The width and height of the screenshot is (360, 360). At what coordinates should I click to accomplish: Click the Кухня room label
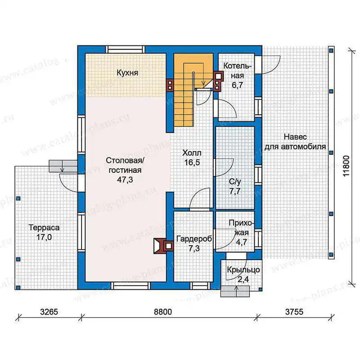point(127,73)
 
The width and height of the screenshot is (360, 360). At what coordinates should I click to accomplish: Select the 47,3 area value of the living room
point(125,180)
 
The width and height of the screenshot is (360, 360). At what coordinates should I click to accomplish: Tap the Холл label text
point(192,153)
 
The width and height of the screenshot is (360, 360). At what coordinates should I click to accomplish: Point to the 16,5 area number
point(192,162)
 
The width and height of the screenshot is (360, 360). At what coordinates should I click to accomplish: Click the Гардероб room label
point(194,239)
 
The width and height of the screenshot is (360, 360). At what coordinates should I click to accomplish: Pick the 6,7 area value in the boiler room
point(237,85)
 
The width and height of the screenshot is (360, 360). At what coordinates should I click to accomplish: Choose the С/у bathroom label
point(235,182)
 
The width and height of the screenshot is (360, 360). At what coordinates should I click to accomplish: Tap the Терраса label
point(44,228)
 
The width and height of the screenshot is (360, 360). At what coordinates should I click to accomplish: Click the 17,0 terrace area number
point(44,237)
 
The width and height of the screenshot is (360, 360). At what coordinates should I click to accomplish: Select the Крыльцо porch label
point(243,270)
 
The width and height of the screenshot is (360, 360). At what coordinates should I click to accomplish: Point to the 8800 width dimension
point(163,312)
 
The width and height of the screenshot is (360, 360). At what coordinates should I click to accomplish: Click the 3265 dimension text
point(49,312)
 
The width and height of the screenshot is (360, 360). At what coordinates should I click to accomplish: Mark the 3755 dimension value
point(294,312)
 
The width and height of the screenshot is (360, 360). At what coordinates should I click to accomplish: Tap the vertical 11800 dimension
point(346,166)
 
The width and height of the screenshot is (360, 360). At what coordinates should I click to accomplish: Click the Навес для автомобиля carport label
point(295,142)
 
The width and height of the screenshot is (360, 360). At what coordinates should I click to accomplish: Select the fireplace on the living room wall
point(160,246)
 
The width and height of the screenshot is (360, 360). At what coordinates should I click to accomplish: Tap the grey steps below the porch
point(235,292)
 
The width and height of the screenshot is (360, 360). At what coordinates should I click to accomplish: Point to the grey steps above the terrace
point(63,166)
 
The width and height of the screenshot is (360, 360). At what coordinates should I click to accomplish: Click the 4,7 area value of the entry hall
point(242,242)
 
